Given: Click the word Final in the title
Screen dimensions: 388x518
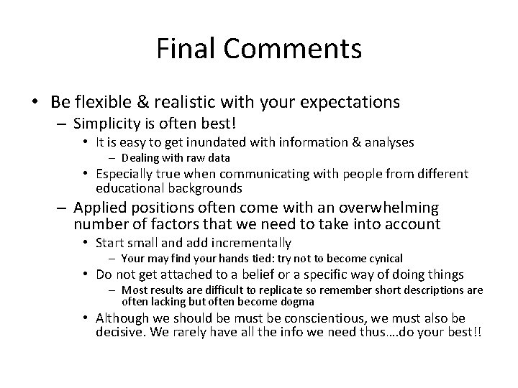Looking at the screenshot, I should [x=186, y=50].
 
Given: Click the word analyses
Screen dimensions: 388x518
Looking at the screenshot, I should [x=385, y=142].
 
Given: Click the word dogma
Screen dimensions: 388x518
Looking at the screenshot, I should [x=298, y=302].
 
